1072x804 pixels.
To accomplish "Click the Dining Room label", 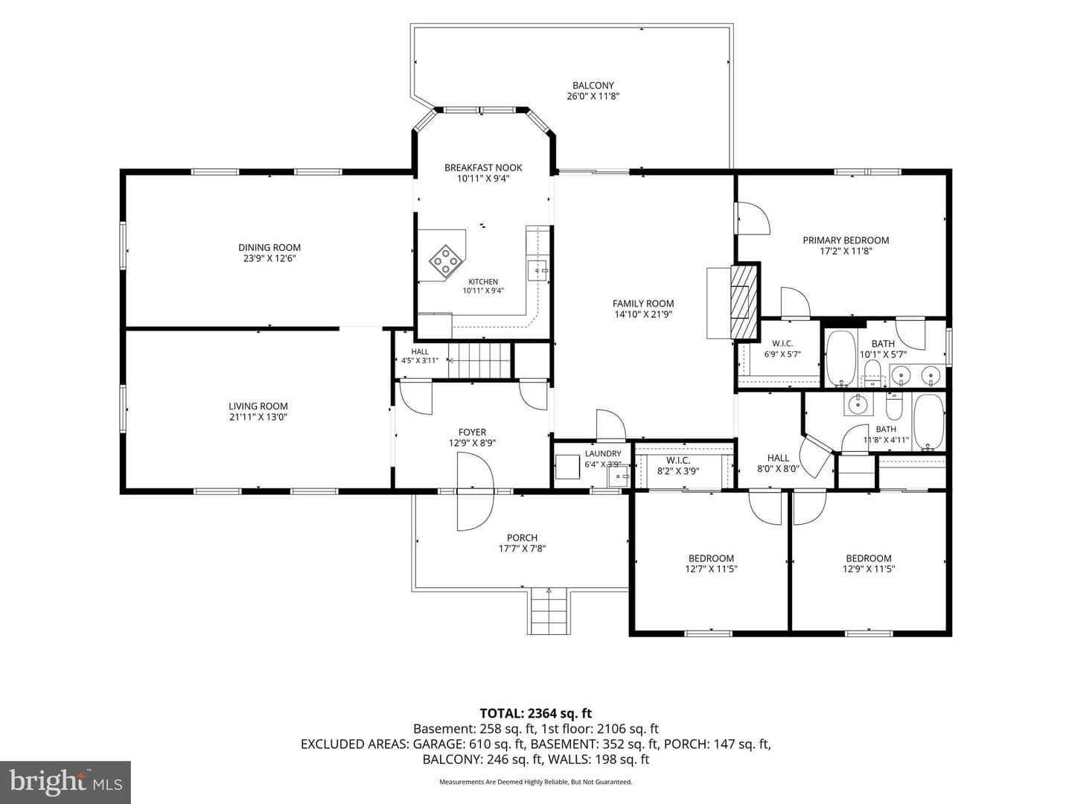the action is [x=269, y=247].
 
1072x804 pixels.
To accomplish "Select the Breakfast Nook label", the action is [x=483, y=167].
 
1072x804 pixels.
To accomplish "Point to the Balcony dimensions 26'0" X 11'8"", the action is [x=593, y=96].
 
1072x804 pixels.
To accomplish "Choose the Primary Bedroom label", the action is [x=846, y=240].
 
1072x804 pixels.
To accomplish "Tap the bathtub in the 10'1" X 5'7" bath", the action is [x=840, y=358].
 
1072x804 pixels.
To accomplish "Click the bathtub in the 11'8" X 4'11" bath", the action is [x=929, y=422].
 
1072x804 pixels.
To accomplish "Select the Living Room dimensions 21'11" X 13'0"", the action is [x=258, y=417].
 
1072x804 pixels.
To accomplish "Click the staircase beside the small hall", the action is [x=479, y=360].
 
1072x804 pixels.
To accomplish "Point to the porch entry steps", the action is [x=549, y=611].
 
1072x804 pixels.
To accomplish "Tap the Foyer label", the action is [x=472, y=432].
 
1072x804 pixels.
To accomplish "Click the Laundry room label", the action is [x=603, y=453].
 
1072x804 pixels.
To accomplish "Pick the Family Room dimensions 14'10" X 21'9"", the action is [x=643, y=314].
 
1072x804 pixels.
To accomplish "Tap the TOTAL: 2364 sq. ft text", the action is [x=536, y=713].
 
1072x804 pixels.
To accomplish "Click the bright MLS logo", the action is [x=65, y=782].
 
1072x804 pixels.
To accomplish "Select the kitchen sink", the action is [x=537, y=270].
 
